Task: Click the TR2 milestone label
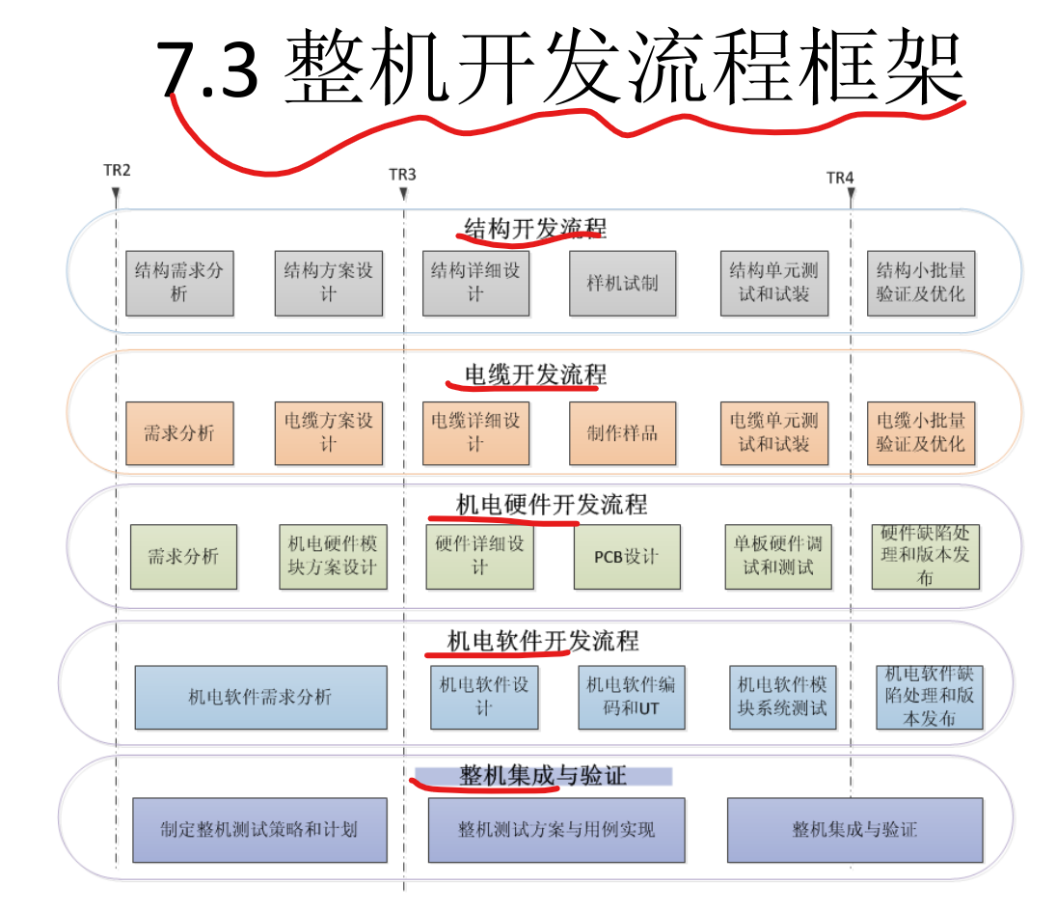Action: [117, 171]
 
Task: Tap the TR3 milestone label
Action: [402, 175]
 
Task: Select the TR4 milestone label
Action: [840, 179]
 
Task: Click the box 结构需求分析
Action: [179, 283]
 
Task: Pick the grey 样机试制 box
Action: [622, 284]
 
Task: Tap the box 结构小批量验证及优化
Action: [920, 284]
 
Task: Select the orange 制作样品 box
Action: [622, 433]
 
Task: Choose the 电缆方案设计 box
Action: [328, 433]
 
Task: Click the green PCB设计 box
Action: [627, 557]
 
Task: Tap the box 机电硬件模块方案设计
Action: [333, 557]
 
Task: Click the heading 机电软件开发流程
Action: [543, 641]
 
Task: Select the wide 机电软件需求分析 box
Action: [260, 697]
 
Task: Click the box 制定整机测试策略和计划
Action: [259, 830]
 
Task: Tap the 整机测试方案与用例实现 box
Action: [556, 830]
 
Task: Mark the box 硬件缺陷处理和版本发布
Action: [925, 557]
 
